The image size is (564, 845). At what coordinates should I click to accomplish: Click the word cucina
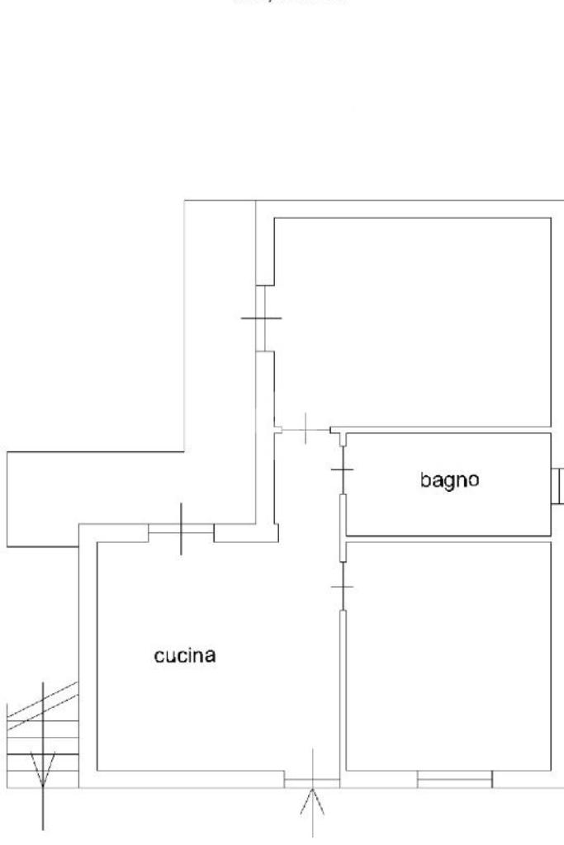pyautogui.click(x=185, y=656)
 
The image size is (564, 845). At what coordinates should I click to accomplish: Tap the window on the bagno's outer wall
pyautogui.click(x=558, y=484)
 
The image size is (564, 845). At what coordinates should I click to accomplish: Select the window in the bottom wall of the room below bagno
pyautogui.click(x=454, y=779)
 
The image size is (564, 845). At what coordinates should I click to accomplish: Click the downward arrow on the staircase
pyautogui.click(x=42, y=772)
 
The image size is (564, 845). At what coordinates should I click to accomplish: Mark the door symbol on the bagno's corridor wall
pyautogui.click(x=341, y=470)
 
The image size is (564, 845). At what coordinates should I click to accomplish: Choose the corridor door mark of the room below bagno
pyautogui.click(x=341, y=587)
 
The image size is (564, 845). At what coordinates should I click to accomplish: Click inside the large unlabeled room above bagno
pyautogui.click(x=411, y=322)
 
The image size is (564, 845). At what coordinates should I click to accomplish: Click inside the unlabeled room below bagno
pyautogui.click(x=448, y=656)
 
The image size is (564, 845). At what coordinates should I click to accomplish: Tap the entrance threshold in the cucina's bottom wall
pyautogui.click(x=312, y=780)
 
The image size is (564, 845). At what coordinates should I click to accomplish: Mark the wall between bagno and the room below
pyautogui.click(x=448, y=538)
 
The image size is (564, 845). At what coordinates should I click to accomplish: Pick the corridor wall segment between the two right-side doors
pyautogui.click(x=341, y=528)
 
